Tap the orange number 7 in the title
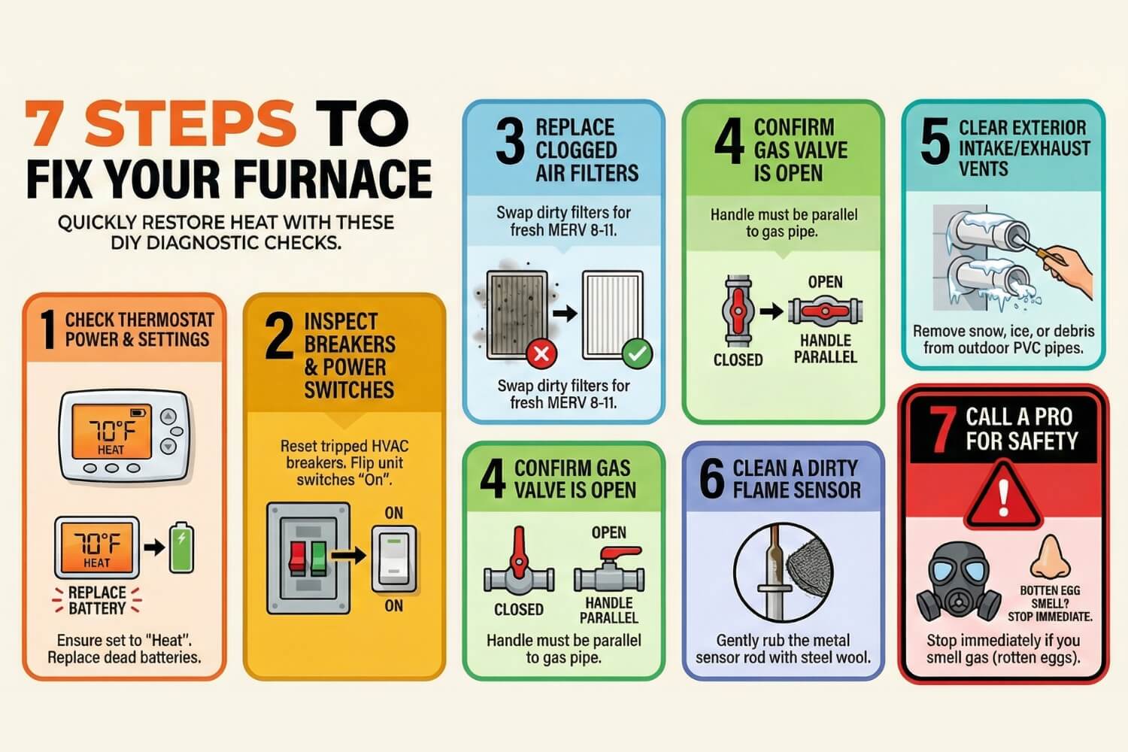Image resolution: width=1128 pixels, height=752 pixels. click(50, 123)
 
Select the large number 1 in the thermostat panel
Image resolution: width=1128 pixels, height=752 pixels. click(47, 330)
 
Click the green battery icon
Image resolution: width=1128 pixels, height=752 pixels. click(180, 547)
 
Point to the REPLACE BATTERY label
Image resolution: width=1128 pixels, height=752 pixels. click(97, 600)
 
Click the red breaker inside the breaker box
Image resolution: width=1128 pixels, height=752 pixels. click(297, 557)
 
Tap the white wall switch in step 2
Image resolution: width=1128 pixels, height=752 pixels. click(393, 559)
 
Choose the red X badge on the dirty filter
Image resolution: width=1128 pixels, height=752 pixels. click(541, 352)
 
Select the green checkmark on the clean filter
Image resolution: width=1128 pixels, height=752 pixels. click(637, 352)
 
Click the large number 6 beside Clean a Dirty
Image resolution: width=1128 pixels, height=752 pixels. click(711, 478)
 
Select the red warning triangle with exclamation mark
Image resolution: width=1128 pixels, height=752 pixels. click(1003, 496)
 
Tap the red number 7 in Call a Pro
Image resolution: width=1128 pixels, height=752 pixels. click(941, 429)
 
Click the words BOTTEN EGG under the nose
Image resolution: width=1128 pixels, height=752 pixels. click(1049, 590)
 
